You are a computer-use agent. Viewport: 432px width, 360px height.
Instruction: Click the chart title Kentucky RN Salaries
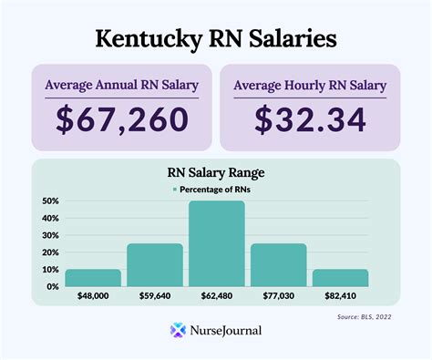216,38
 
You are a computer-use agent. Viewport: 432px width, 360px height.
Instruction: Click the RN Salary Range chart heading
216,172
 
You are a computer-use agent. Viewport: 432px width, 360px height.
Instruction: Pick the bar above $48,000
92,278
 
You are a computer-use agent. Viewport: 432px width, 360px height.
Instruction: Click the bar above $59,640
154,265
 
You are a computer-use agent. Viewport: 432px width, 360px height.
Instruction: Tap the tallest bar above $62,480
216,243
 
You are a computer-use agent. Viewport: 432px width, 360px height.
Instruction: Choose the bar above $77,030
278,265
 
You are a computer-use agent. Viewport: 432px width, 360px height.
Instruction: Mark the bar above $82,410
340,278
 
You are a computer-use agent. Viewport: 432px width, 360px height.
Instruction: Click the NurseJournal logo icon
178,331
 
